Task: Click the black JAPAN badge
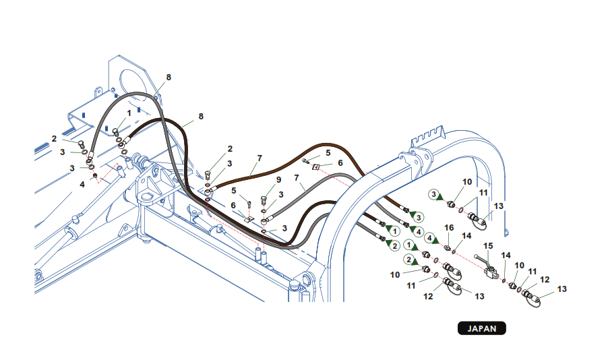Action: [481, 329]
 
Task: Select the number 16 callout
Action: [450, 229]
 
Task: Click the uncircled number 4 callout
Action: [82, 183]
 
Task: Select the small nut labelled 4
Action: [96, 176]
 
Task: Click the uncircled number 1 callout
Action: [129, 113]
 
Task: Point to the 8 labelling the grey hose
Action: [169, 78]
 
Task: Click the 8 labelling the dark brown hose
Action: [200, 117]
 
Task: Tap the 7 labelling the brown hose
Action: [260, 158]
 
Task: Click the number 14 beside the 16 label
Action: [466, 237]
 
